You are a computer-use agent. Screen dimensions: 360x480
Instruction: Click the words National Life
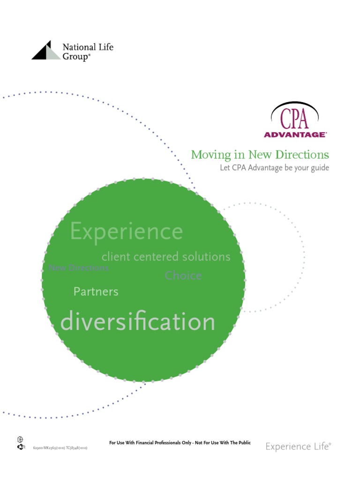click(x=88, y=47)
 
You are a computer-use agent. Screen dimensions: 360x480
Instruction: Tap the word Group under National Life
click(x=75, y=57)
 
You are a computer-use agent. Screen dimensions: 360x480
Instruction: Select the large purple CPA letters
click(x=295, y=119)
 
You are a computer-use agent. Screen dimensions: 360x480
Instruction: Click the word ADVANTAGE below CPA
click(x=295, y=135)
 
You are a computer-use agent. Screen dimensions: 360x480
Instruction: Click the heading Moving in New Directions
click(x=260, y=155)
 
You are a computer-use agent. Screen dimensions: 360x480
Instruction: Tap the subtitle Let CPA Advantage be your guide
click(x=274, y=168)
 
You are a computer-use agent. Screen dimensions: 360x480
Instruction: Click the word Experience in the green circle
click(x=126, y=232)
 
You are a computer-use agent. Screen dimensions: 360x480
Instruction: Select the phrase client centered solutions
click(x=166, y=257)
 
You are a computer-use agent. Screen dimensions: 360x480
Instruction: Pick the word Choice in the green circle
click(x=183, y=276)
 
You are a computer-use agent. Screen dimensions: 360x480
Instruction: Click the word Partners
click(x=96, y=292)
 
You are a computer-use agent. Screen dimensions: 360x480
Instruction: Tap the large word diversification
click(x=138, y=322)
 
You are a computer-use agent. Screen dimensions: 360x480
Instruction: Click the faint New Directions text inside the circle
click(x=78, y=268)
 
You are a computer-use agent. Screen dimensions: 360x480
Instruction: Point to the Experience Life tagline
click(x=298, y=446)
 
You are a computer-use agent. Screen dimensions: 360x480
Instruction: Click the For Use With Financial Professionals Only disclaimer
click(x=180, y=442)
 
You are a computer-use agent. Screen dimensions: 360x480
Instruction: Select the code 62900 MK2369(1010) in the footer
click(x=49, y=448)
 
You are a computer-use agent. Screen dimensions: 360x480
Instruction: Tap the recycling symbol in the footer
click(x=20, y=447)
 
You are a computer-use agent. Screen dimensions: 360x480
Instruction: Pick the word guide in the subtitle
click(x=319, y=168)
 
